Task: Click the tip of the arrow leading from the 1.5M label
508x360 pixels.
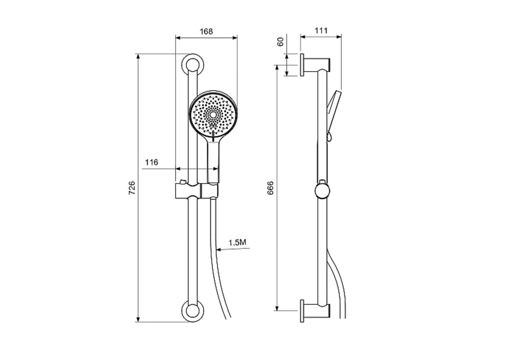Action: coord(216,249)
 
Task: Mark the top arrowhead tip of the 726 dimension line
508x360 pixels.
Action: coord(138,54)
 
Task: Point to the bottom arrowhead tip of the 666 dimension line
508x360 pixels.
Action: coord(277,310)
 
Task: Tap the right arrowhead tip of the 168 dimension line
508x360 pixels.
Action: coord(237,38)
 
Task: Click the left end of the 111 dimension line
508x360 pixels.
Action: coord(301,37)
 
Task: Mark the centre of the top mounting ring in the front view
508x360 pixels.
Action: coord(193,65)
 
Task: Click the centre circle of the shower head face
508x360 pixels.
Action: coord(213,115)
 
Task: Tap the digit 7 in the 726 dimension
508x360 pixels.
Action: coord(132,193)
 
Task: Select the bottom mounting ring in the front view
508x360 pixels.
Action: coord(193,311)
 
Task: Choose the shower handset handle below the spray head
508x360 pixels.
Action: coord(213,159)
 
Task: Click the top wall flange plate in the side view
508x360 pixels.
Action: coord(302,65)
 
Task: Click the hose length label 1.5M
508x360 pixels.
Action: coord(237,242)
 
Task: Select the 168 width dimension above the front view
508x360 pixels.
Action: coord(206,32)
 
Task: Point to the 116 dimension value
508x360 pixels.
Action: coord(151,162)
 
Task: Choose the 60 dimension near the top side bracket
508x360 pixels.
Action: coord(280,42)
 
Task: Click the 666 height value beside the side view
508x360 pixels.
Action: coord(271,188)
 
